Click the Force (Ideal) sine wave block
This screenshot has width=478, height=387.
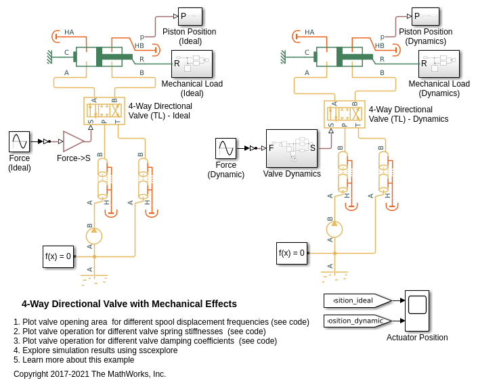19,142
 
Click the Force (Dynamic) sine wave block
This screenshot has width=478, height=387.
225,149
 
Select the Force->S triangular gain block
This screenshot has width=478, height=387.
73,141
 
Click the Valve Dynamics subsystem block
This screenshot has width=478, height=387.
292,148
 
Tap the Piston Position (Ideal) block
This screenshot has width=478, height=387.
190,16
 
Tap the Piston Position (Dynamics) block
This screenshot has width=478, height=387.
425,16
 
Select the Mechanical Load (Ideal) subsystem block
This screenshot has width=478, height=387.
192,64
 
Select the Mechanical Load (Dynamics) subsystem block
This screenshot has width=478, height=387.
439,64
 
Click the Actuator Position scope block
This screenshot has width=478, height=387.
417,311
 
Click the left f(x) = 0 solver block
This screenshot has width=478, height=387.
58,256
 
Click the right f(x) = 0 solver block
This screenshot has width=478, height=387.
292,253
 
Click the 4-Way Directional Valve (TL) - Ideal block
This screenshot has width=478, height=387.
104,110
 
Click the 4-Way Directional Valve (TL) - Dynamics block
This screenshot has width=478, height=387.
345,114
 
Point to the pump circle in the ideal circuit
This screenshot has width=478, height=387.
94,236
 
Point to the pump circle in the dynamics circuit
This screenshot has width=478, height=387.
334,229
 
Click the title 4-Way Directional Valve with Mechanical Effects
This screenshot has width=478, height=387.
129,304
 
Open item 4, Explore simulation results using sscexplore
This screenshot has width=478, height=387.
95,350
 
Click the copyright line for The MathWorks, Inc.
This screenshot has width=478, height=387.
89,373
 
